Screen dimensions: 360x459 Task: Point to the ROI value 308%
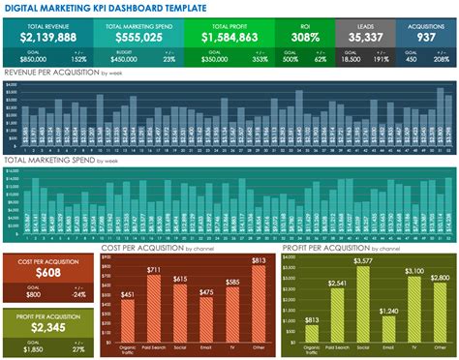(305, 37)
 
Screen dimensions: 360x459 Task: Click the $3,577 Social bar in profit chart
(363, 301)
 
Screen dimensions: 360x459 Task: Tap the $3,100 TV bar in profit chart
(414, 306)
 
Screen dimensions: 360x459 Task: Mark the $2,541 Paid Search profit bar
(337, 311)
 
